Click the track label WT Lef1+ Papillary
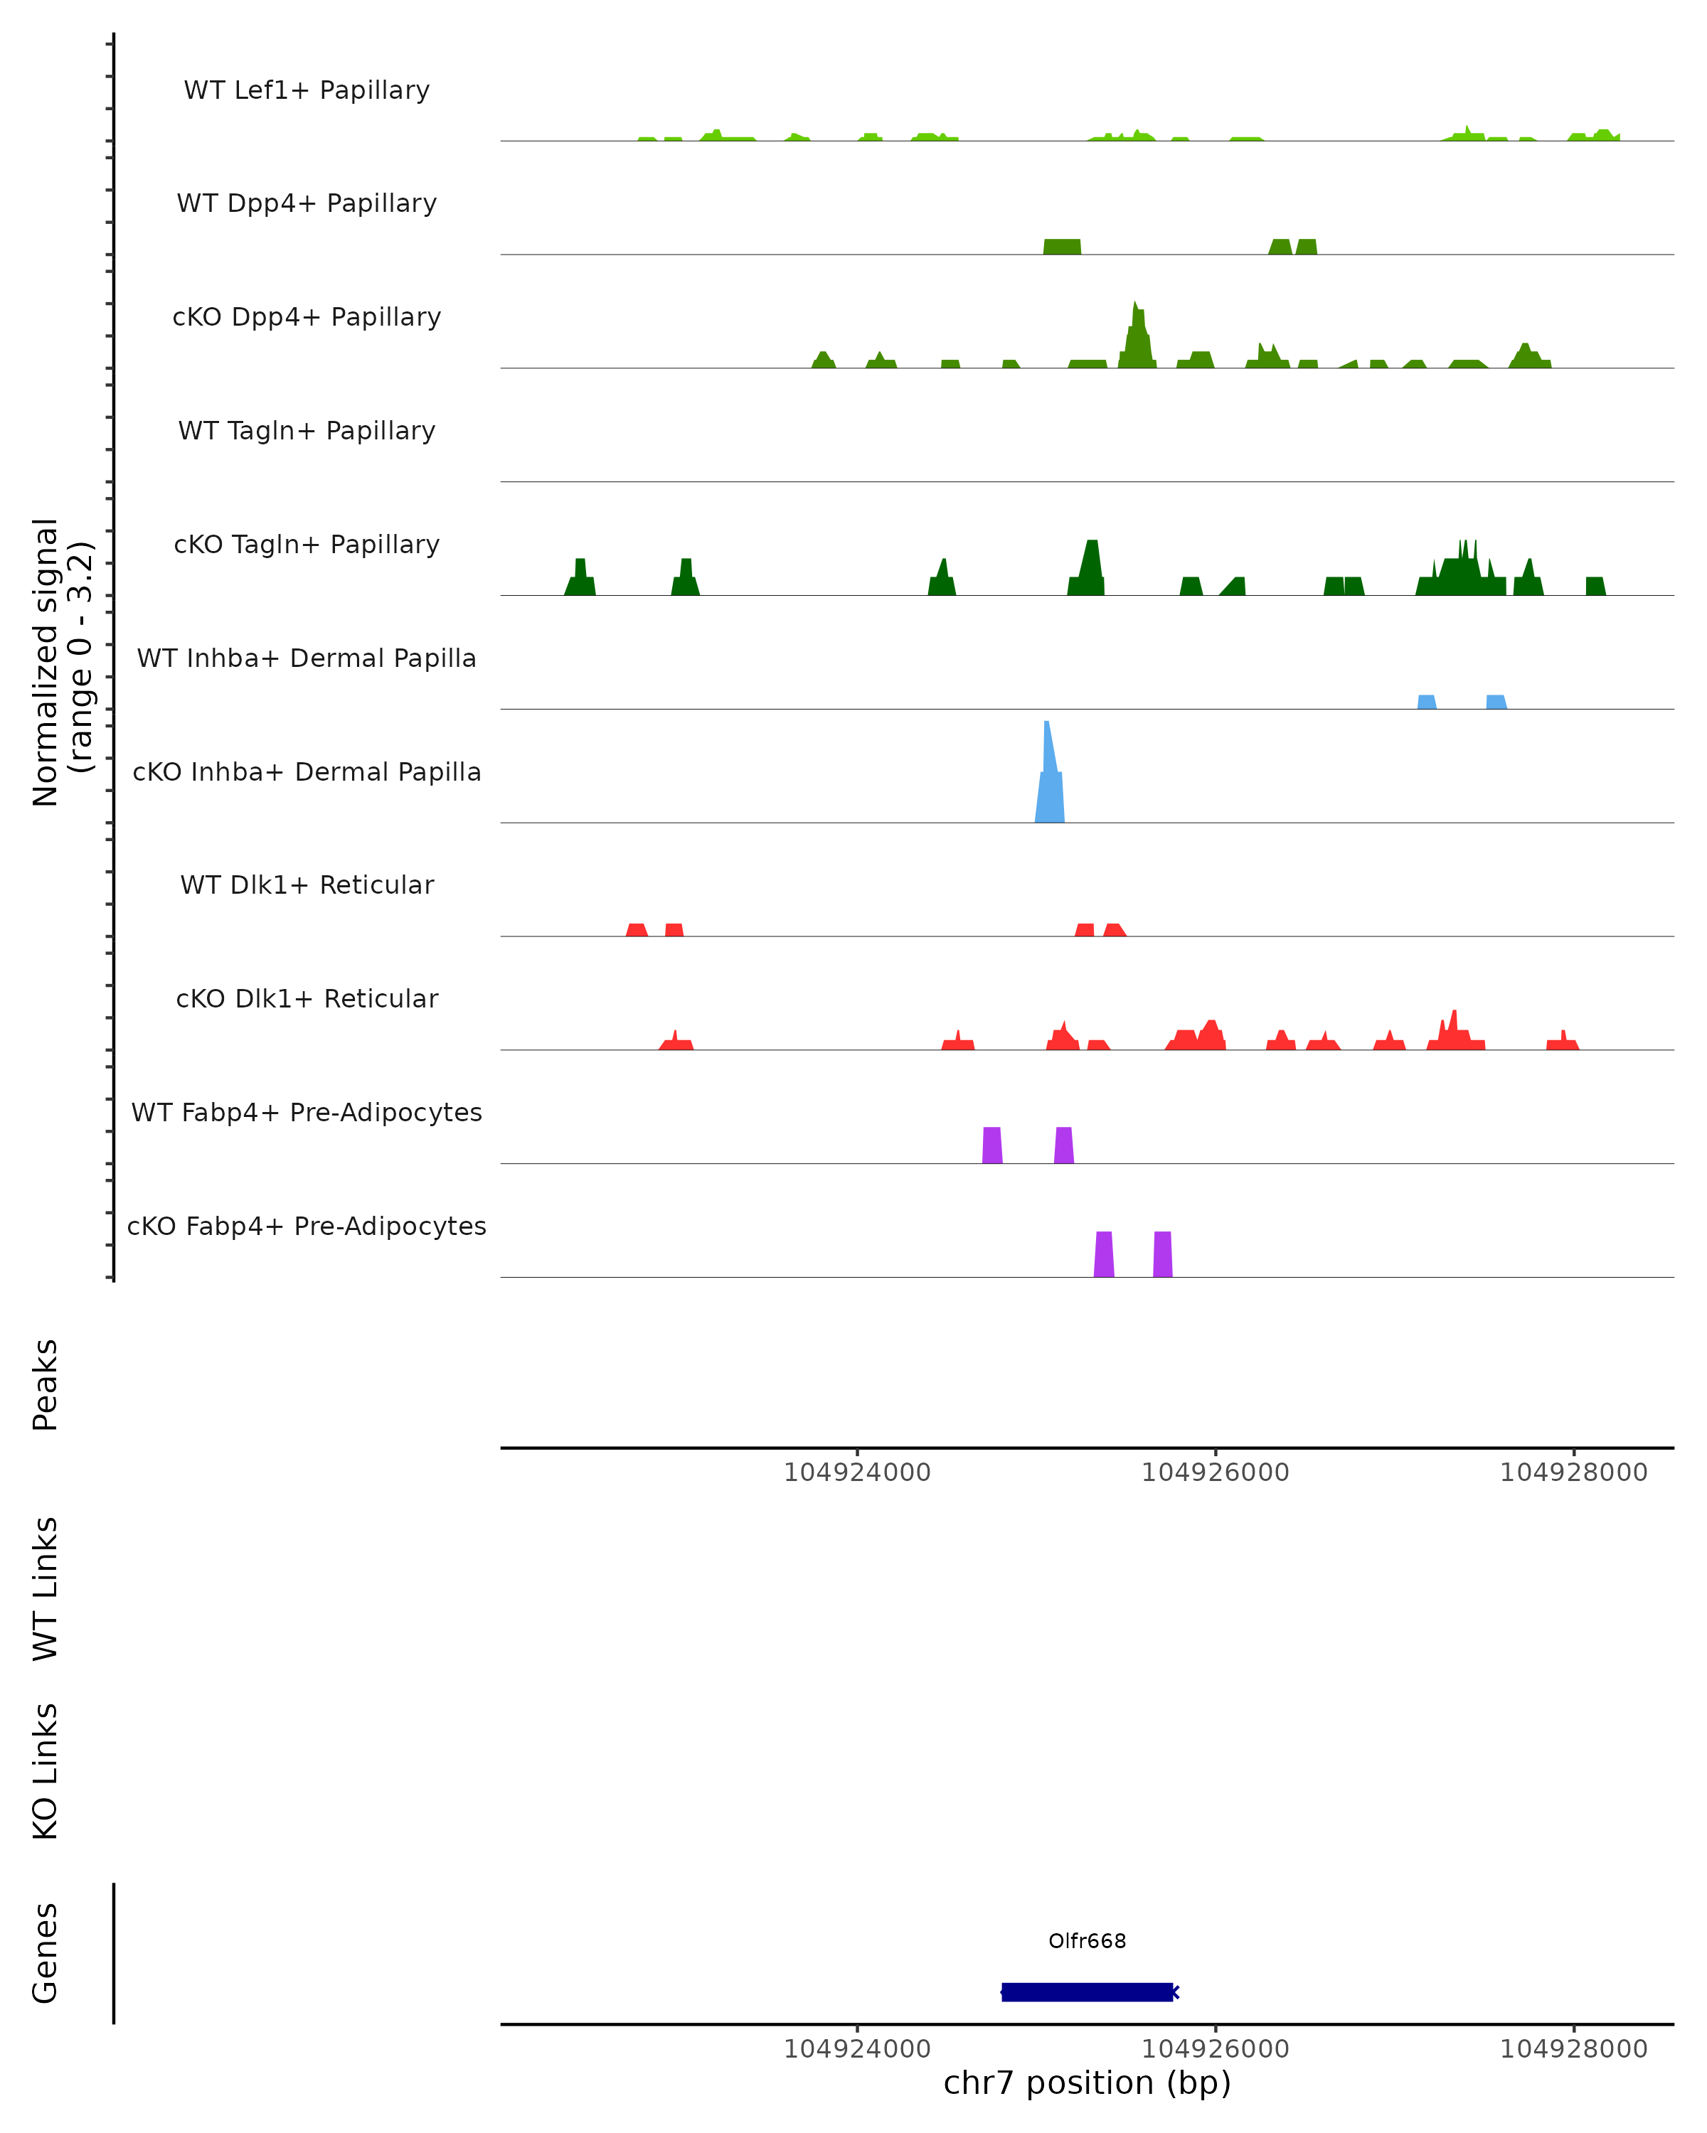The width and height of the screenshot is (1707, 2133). (x=307, y=90)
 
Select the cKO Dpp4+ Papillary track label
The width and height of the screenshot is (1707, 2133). (x=307, y=318)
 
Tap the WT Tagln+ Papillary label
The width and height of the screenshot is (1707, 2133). (x=307, y=432)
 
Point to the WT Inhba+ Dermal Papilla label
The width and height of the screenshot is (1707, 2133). (x=307, y=659)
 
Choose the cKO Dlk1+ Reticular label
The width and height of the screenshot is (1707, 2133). (x=307, y=999)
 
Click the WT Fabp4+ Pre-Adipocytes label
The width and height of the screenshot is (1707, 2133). (x=307, y=1113)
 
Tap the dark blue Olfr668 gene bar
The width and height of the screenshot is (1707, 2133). (x=1087, y=1992)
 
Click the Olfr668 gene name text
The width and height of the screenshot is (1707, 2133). (x=1087, y=1941)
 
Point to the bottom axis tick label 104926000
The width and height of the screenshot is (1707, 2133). (x=1216, y=2050)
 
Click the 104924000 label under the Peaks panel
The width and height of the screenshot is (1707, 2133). (x=857, y=1473)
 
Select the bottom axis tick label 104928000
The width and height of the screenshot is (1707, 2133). (x=1573, y=2050)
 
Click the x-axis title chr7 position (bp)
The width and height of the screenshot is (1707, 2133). (x=1087, y=2083)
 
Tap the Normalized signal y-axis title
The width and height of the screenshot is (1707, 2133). (x=61, y=662)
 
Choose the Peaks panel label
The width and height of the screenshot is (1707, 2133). (x=46, y=1385)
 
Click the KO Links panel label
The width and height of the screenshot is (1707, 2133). (x=46, y=1772)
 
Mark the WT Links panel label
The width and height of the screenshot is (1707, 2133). (x=46, y=1588)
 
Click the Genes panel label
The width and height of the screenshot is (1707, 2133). (x=46, y=1953)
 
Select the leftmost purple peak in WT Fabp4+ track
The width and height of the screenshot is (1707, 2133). (x=991, y=1145)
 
